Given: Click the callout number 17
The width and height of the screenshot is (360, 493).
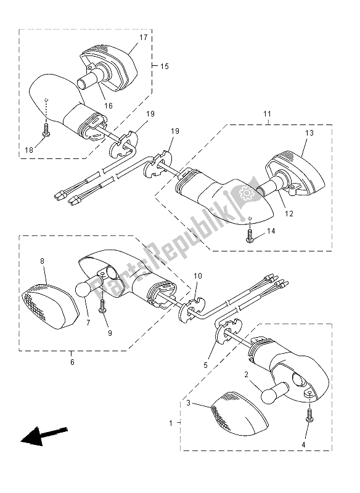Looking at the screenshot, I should (x=143, y=38).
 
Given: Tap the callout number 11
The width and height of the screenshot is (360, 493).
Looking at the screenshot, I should (x=267, y=115).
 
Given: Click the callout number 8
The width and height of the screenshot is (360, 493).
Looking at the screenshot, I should (x=43, y=261).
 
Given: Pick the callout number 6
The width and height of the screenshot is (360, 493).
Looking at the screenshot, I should (x=72, y=362).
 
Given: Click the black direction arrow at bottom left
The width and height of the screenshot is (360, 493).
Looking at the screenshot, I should (x=43, y=436).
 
